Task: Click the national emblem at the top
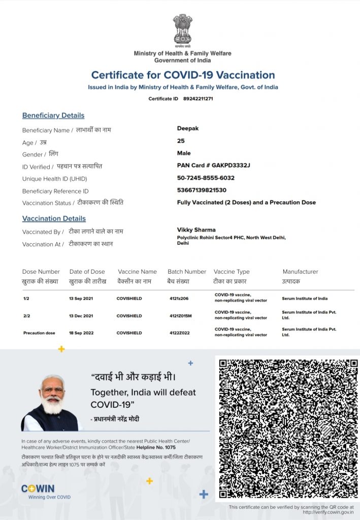coord(182,29)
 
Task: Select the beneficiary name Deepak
coord(188,128)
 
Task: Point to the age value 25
coord(181,141)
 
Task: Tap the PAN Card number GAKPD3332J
coord(231,166)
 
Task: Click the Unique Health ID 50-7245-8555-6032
coord(206,178)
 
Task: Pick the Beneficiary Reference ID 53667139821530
coord(202,190)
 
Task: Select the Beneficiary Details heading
coord(53,115)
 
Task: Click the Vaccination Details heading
coord(54,218)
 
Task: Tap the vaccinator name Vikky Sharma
coord(197,230)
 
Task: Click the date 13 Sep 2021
coord(81,299)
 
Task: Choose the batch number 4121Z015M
coord(181,316)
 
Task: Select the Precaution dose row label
coord(39,333)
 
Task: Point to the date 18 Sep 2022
coord(81,333)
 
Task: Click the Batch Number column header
coord(187,272)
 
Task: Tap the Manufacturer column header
coord(300,272)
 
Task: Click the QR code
coord(288,429)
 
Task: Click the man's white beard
coord(53,406)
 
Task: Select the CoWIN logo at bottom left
coord(38,489)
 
